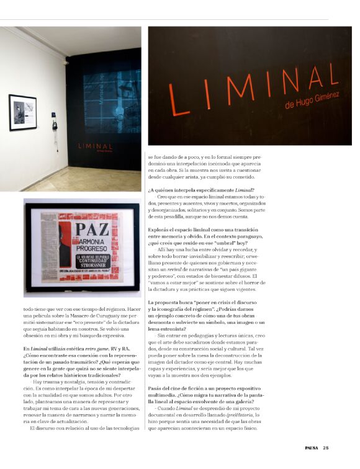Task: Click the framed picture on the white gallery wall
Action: click(22, 112)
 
